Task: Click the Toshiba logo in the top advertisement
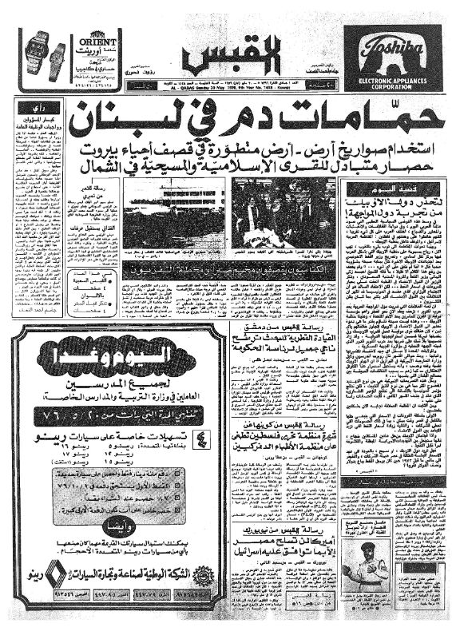pyautogui.click(x=392, y=50)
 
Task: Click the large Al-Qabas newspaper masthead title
pyautogui.click(x=226, y=56)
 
